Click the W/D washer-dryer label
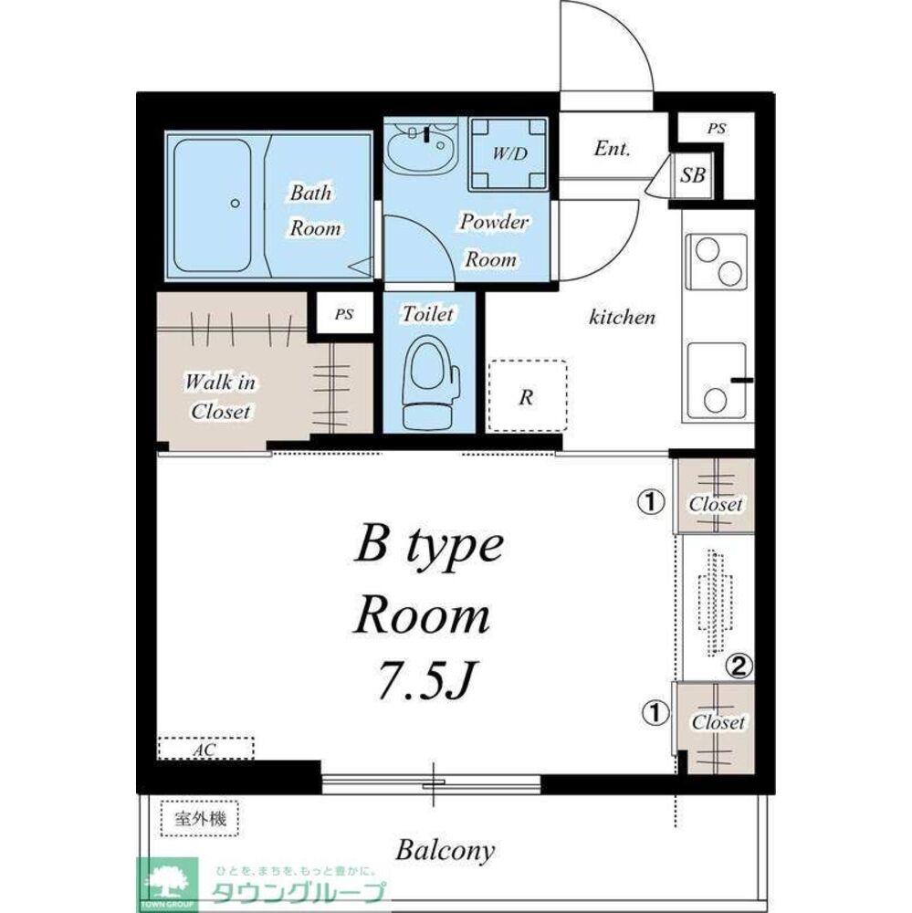point(509,153)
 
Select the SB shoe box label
point(693,174)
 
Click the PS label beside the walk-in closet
point(343,314)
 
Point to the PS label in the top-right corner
point(717,128)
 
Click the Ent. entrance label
point(612,149)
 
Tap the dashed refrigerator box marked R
point(527,396)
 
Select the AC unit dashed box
point(205,749)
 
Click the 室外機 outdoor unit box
point(200,819)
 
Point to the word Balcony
point(445,851)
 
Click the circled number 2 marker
point(739,666)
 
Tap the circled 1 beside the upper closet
point(651,501)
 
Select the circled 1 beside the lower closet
point(655,712)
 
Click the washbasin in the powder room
point(422,145)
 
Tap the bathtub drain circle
point(235,204)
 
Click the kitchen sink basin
point(717,382)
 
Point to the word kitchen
point(622,317)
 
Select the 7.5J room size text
point(424,681)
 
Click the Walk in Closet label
point(220,396)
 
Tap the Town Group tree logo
point(167,886)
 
